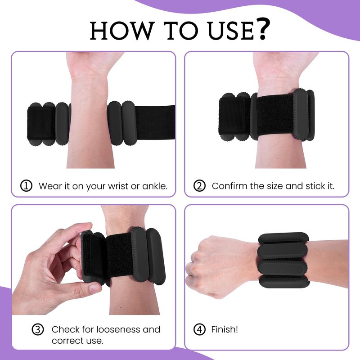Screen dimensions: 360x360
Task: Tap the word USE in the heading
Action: [x=230, y=31]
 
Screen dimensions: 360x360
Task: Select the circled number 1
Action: [x=26, y=186]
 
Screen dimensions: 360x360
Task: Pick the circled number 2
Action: [x=199, y=186]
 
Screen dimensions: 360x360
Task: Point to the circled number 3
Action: [x=38, y=330]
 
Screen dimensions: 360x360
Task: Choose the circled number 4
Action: [x=199, y=330]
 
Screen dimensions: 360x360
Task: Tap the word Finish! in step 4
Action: [x=225, y=329]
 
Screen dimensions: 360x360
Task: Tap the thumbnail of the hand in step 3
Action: [x=94, y=288]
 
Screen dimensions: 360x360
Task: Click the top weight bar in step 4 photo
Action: [x=283, y=238]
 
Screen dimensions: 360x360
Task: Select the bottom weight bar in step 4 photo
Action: [x=285, y=282]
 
